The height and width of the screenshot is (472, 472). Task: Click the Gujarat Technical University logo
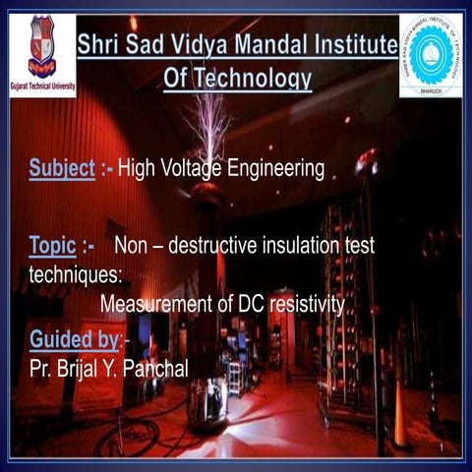tap(42, 54)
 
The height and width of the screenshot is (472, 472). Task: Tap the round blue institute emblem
tap(430, 54)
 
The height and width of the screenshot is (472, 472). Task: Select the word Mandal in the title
tap(278, 44)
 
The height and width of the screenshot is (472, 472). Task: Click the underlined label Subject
tap(61, 169)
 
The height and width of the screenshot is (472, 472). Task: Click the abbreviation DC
tap(252, 306)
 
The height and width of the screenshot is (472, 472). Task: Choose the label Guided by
tap(74, 340)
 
